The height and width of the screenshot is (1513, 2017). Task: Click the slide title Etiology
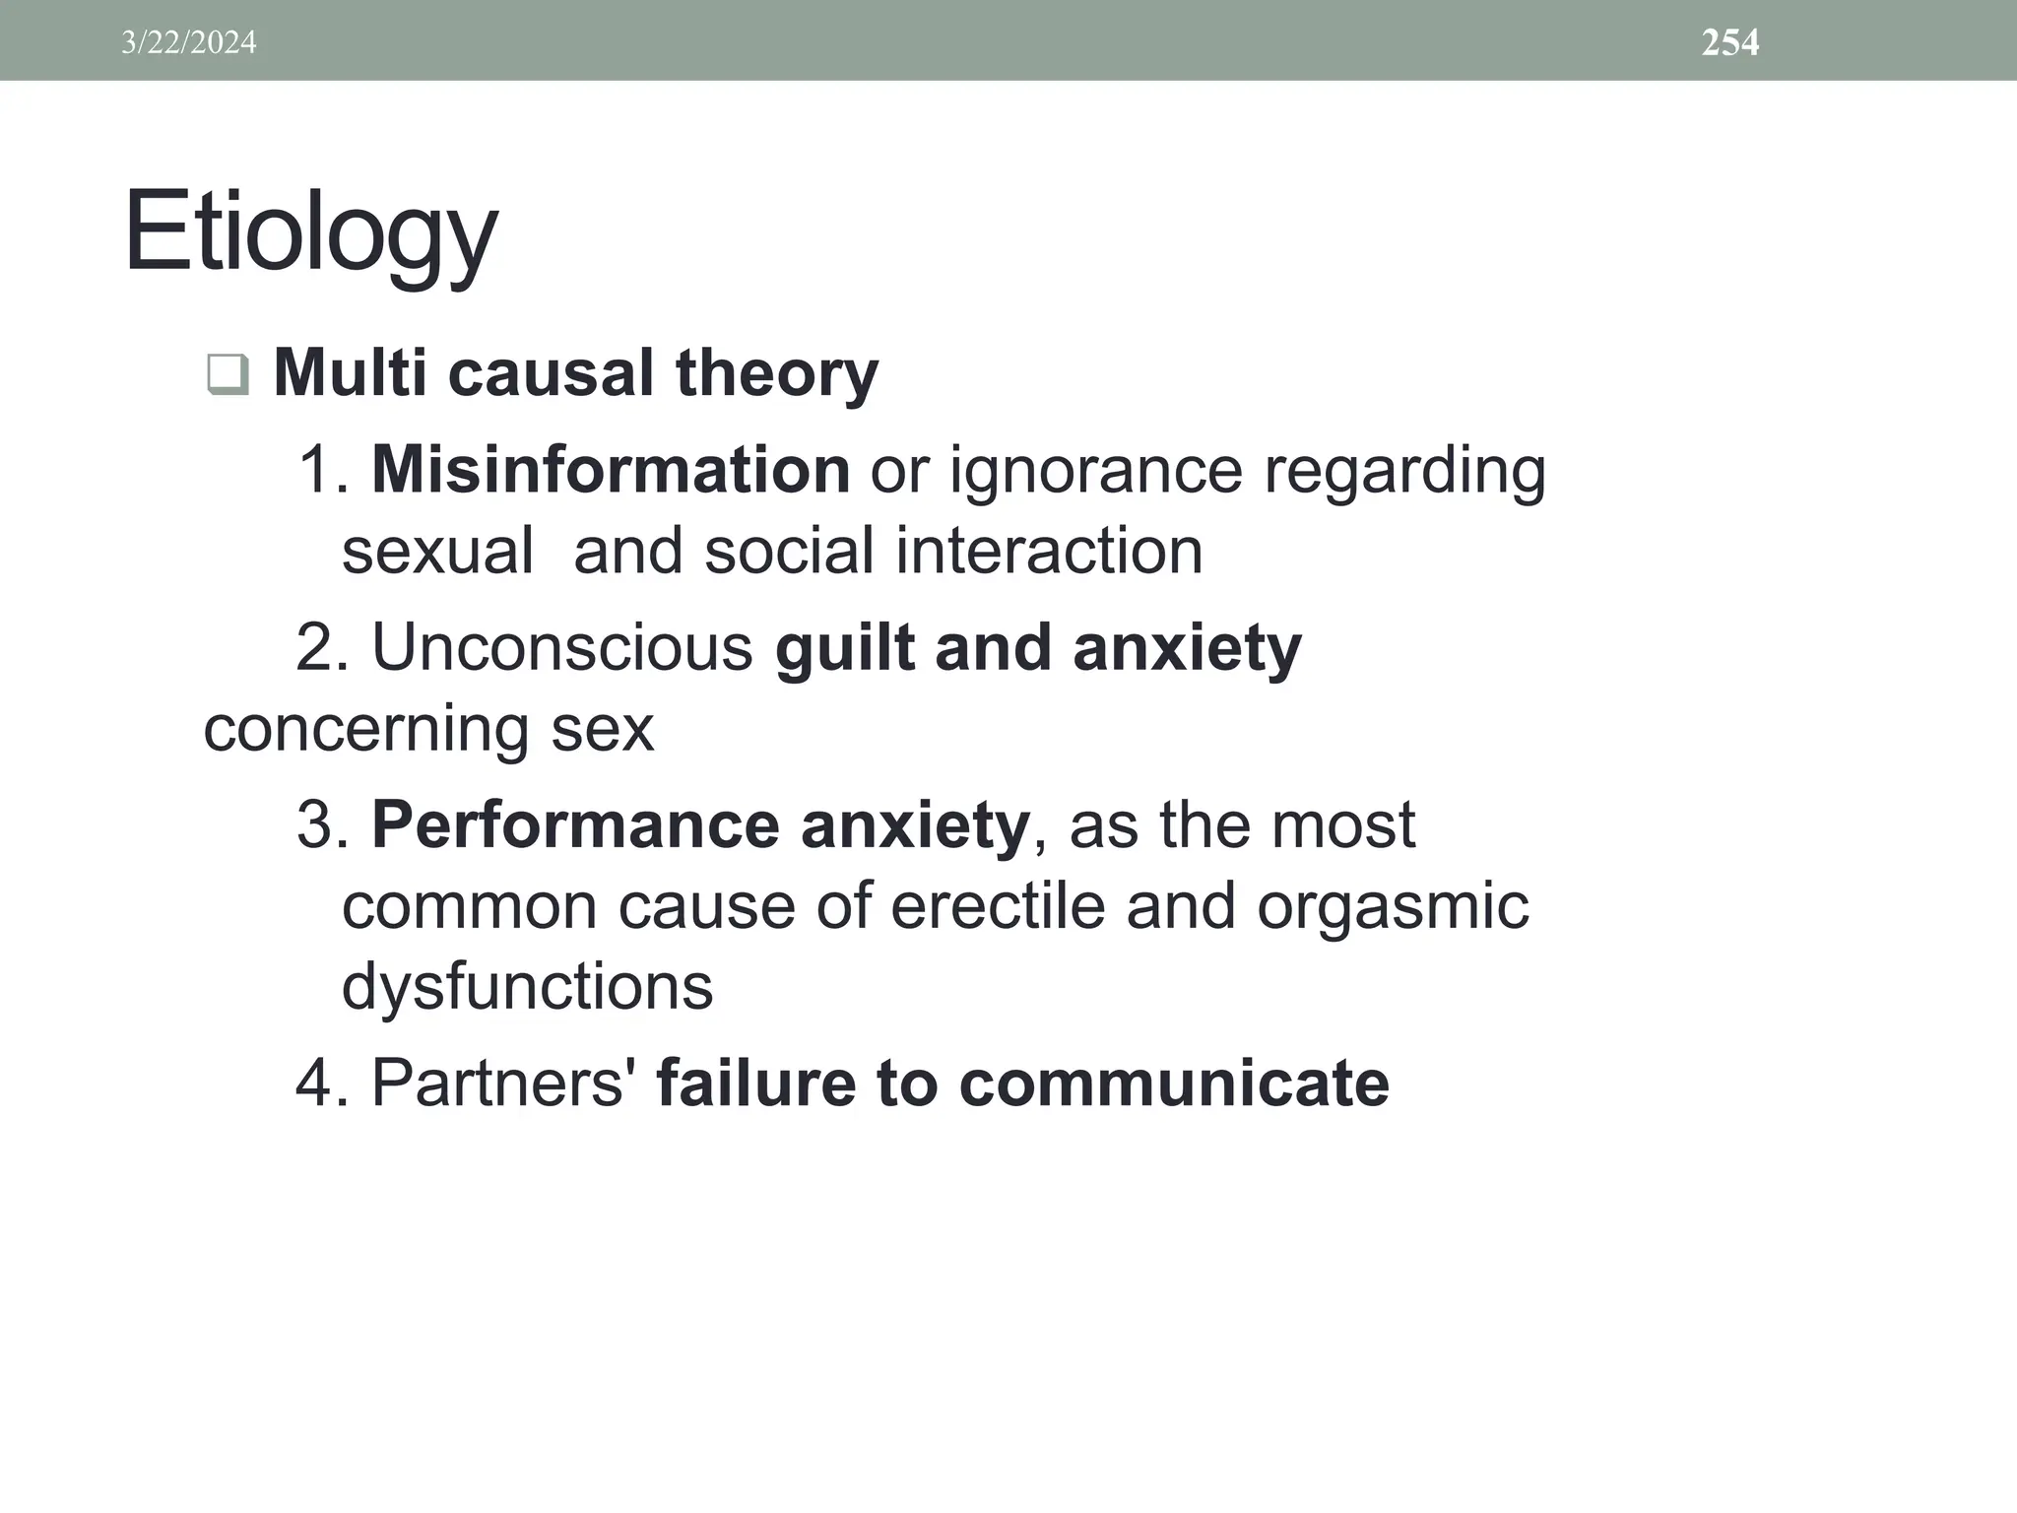pos(310,234)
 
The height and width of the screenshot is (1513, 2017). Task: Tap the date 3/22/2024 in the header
pos(188,42)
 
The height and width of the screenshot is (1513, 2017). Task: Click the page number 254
pos(1729,42)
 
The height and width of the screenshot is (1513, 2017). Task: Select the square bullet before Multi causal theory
pos(228,374)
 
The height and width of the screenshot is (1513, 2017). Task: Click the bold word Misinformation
pos(611,469)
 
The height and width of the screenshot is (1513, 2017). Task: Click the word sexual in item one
pos(437,550)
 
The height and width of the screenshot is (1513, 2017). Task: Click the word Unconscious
pos(561,647)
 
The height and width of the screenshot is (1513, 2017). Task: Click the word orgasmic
pos(1392,907)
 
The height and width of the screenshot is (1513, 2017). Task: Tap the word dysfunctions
pos(527,985)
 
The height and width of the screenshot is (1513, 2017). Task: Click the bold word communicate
pos(1174,1082)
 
